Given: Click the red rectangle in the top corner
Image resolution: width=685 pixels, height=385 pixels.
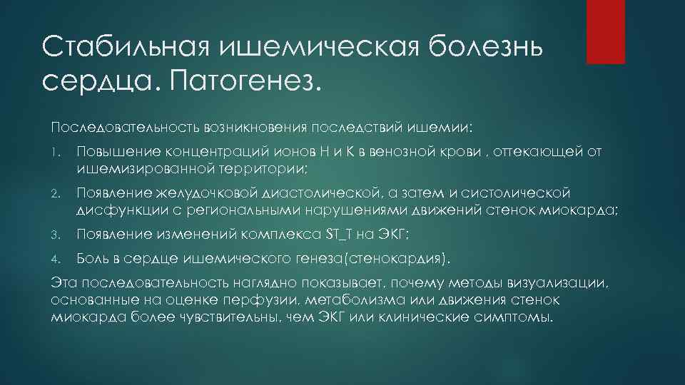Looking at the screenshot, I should click(605, 31).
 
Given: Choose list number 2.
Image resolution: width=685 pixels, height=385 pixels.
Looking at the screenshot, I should click(55, 195).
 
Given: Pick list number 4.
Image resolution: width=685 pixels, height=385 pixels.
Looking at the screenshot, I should click(55, 257).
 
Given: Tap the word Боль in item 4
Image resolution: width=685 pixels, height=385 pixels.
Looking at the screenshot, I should click(93, 256).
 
